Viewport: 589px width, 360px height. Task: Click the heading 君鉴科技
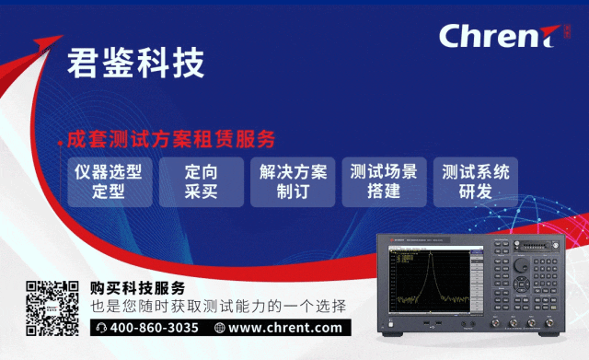(135, 63)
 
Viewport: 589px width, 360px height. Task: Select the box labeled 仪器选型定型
(108, 181)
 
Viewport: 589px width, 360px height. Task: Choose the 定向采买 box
(200, 181)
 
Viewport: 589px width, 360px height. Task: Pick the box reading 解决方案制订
(293, 181)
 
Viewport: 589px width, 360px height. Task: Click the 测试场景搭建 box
(384, 181)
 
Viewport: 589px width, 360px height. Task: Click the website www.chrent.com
(284, 328)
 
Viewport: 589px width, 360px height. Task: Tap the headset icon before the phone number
(101, 328)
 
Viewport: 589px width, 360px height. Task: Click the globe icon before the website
(219, 328)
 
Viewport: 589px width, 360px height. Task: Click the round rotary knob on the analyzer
(522, 265)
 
